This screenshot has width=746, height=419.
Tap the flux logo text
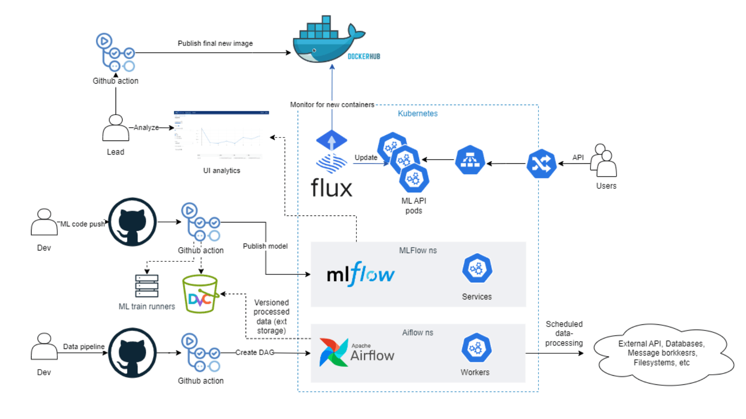coord(331,188)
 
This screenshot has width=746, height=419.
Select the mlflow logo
coord(361,275)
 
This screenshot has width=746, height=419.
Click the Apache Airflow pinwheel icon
coord(333,352)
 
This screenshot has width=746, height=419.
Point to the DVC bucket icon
coord(200,294)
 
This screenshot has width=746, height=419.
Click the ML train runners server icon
coord(147,286)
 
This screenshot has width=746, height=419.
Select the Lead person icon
coord(116,128)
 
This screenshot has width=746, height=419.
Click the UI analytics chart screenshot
coord(222,136)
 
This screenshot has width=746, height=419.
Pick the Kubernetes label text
coord(417,113)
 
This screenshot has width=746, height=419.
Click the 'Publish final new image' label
coord(215,43)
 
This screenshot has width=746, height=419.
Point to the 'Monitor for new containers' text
coord(332,105)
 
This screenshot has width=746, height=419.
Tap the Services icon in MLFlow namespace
coord(477,268)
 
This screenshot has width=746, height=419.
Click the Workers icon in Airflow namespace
coord(476,348)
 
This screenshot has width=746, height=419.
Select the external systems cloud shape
coord(662,354)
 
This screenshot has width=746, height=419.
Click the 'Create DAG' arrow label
coord(254,352)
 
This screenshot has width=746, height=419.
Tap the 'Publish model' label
coord(265,246)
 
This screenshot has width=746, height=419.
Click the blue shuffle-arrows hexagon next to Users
coord(541,164)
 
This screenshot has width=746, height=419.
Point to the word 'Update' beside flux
coord(366,158)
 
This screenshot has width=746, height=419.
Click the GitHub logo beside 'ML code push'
coord(132,222)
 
